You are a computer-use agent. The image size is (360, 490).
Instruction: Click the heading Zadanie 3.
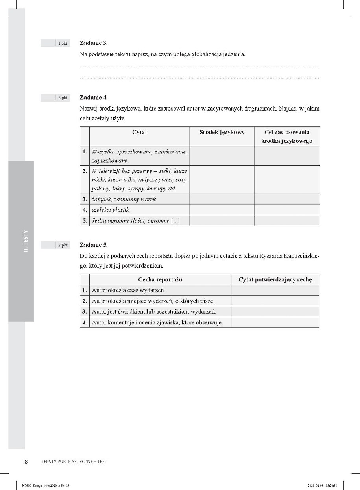(93, 43)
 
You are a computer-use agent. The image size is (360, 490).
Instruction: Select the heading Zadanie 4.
(93, 97)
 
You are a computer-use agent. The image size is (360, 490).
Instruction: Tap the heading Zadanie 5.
(93, 245)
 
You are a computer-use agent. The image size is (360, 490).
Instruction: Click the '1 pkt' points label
(63, 43)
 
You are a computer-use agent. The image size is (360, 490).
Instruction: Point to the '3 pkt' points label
(63, 98)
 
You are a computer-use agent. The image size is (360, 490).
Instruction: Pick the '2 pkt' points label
(63, 245)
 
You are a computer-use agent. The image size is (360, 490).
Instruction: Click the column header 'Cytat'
(139, 132)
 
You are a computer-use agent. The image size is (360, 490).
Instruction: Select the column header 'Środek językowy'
(222, 132)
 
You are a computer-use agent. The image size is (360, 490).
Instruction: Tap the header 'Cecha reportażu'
(160, 279)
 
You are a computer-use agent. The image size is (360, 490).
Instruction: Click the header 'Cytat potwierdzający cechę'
(275, 279)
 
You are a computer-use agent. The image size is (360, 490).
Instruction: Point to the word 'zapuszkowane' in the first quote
(110, 161)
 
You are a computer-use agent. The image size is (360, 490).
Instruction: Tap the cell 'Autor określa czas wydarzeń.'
(128, 290)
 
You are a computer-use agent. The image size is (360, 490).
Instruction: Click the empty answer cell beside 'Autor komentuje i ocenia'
(275, 322)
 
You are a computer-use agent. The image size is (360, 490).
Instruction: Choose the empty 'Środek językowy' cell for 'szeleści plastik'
(222, 210)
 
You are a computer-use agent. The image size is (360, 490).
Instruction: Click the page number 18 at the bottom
(25, 462)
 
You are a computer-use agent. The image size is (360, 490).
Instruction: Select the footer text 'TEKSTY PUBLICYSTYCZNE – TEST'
(74, 462)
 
